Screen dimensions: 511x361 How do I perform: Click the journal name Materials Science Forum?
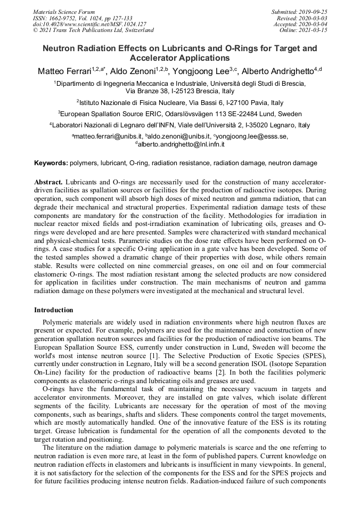pyautogui.click(x=64, y=11)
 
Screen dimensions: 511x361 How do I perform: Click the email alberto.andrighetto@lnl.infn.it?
pyautogui.click(x=182, y=144)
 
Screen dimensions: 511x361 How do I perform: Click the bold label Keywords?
pyautogui.click(x=51, y=163)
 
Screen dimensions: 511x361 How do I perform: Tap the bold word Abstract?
pyautogui.click(x=48, y=182)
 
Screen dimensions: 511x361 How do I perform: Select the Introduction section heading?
pyautogui.click(x=54, y=310)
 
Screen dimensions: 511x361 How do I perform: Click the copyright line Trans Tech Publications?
pyautogui.click(x=93, y=30)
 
